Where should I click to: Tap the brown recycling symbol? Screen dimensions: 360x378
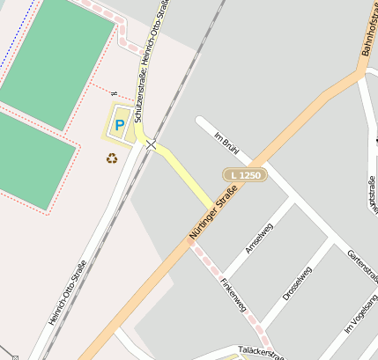pyautogui.click(x=112, y=158)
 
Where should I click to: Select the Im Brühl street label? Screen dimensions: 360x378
pyautogui.click(x=227, y=143)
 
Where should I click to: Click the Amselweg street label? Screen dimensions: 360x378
pyautogui.click(x=259, y=238)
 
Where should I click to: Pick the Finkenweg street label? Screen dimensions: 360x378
pyautogui.click(x=233, y=299)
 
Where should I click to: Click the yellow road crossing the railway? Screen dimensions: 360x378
pyautogui.click(x=181, y=166)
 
